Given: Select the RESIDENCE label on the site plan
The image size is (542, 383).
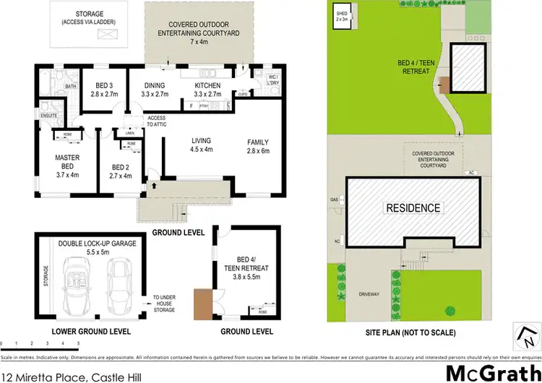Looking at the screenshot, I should click(x=413, y=208).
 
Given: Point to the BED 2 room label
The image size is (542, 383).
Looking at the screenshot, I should click(x=121, y=169).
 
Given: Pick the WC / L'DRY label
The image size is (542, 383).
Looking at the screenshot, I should click(x=272, y=79).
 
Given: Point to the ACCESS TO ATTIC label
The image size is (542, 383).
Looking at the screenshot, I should click(x=156, y=121).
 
